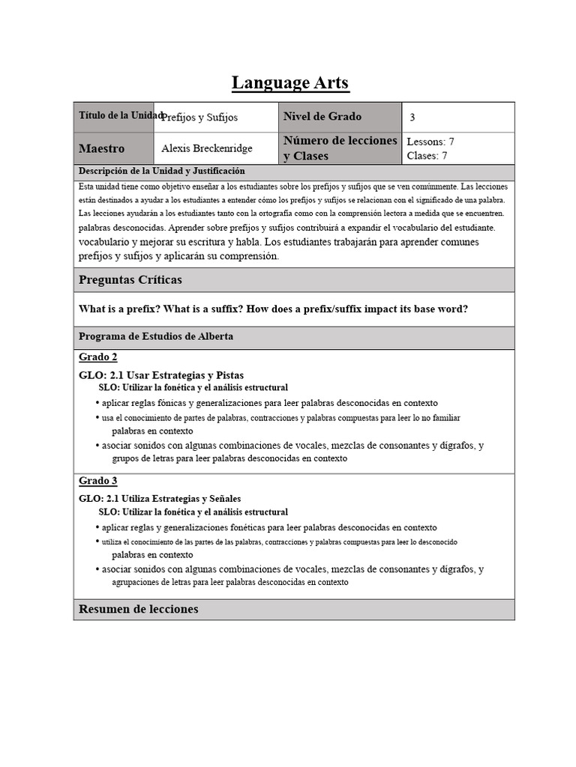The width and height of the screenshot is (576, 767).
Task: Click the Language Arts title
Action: pyautogui.click(x=290, y=82)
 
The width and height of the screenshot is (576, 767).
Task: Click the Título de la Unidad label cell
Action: pyautogui.click(x=114, y=116)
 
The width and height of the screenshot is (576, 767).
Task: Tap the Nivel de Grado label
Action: pyautogui.click(x=322, y=116)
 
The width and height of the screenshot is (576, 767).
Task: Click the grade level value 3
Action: pyautogui.click(x=412, y=118)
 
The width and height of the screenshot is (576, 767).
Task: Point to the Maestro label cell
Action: pyautogui.click(x=102, y=148)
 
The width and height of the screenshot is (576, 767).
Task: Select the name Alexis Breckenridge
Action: pyautogui.click(x=208, y=148)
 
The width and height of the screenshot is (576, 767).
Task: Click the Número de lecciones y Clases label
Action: pyautogui.click(x=340, y=148)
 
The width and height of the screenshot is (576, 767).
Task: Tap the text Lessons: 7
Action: pyautogui.click(x=430, y=142)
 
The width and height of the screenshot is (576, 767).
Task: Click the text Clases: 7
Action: pyautogui.click(x=427, y=156)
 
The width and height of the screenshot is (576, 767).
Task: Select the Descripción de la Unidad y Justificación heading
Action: pyautogui.click(x=162, y=172)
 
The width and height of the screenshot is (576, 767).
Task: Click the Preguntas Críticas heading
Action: pyautogui.click(x=130, y=279)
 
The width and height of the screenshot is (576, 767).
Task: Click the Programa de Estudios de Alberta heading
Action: pyautogui.click(x=156, y=336)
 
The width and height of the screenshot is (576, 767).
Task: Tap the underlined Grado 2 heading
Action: pyautogui.click(x=98, y=357)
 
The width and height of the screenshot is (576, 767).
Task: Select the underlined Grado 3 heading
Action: pyautogui.click(x=98, y=480)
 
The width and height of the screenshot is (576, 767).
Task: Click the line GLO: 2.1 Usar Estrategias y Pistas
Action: pyautogui.click(x=161, y=375)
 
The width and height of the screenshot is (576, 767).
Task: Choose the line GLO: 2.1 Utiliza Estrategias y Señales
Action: pyautogui.click(x=160, y=498)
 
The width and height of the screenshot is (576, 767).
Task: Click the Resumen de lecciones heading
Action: pyautogui.click(x=139, y=609)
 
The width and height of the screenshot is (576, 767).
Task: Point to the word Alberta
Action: pyautogui.click(x=214, y=336)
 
